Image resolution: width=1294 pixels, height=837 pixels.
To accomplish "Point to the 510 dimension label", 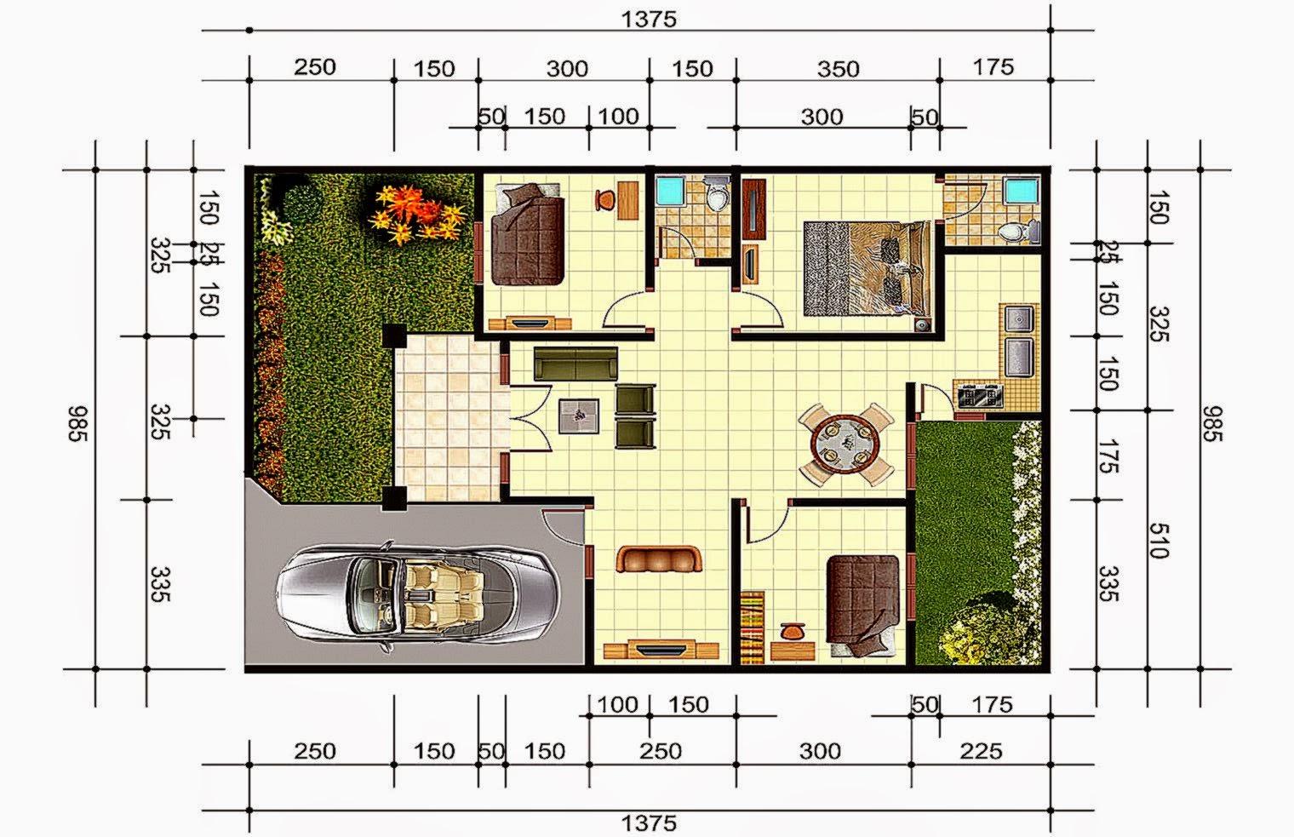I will point(1154,540).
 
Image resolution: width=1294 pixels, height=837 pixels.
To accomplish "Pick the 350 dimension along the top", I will point(838,68).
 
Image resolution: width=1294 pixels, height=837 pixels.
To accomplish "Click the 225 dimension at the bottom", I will point(981,751).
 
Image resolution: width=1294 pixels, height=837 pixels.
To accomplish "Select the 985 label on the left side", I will point(77,423).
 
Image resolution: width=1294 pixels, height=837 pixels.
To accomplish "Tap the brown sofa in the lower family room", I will point(660,559).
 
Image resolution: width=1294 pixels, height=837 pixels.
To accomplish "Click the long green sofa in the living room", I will point(575,364).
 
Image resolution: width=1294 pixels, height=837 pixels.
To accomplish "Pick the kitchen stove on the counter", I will point(979,395).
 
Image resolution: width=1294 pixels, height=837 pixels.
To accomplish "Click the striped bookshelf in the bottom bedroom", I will point(753,627).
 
